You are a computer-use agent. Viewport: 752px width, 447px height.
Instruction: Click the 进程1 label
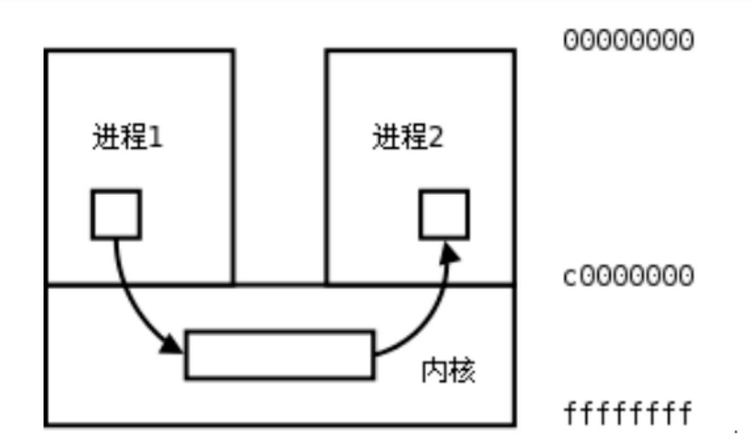[127, 137]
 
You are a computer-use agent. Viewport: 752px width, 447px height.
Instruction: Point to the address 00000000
[629, 40]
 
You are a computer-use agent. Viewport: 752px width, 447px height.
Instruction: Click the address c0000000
[629, 276]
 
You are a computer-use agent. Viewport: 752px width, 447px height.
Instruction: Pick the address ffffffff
[628, 414]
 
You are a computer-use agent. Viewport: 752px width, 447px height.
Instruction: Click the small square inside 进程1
[116, 214]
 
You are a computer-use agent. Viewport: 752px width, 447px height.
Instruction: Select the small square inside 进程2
[444, 214]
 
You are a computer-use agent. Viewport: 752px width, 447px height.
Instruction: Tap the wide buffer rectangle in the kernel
[280, 354]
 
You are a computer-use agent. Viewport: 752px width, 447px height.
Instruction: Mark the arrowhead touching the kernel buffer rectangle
[171, 345]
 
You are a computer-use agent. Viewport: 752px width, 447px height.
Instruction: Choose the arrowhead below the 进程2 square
[450, 253]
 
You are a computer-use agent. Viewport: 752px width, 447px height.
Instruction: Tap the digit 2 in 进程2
[436, 138]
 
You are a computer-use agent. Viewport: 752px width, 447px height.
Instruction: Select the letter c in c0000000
[571, 277]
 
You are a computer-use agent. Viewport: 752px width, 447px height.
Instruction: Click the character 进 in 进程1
[104, 137]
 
